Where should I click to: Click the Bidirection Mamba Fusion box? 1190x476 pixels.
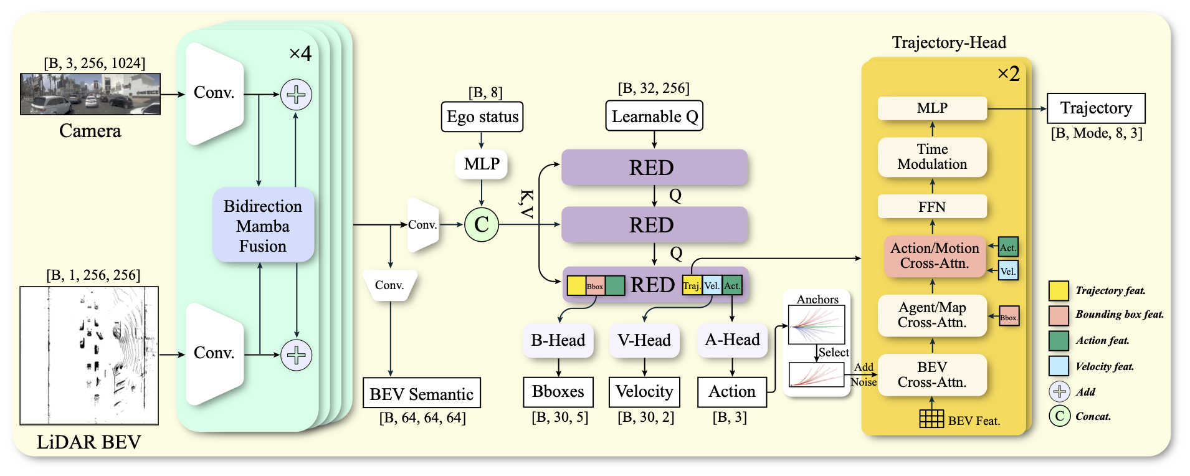[263, 226]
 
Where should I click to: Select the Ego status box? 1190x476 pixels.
[482, 117]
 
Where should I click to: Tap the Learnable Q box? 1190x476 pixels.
[654, 117]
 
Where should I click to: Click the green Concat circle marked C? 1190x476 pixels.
[482, 225]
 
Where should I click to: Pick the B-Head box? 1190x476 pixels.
[558, 340]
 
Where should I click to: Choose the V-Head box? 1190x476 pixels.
[644, 340]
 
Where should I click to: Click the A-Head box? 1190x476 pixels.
[732, 340]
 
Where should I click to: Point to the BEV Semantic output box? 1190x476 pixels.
[422, 394]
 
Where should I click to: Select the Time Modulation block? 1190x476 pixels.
[932, 157]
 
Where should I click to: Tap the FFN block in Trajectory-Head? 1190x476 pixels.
[932, 207]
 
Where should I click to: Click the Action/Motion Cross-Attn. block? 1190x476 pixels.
[935, 255]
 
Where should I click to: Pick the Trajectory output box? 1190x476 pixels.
[1096, 108]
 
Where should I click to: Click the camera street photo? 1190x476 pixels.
[90, 94]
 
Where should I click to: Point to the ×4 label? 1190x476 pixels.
[300, 54]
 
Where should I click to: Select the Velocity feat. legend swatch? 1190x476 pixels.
[1059, 366]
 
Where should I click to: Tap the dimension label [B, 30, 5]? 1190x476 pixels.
[559, 417]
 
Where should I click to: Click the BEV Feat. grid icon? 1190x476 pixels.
[931, 419]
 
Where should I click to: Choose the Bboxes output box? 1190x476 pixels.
[558, 392]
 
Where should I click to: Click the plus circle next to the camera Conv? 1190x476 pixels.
[296, 95]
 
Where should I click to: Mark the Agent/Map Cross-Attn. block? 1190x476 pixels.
[932, 315]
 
